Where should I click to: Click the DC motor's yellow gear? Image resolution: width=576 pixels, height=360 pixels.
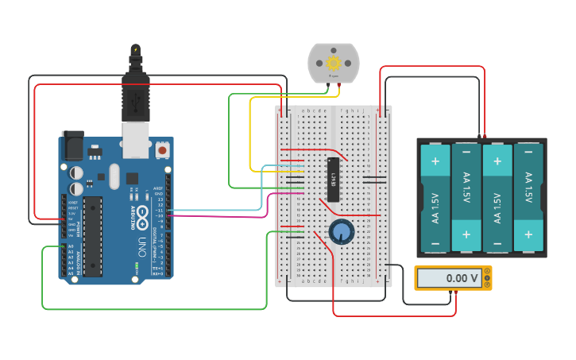(x=334, y=63)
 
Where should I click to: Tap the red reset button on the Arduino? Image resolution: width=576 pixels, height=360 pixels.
(x=162, y=149)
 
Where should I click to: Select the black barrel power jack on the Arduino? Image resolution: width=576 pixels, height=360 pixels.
(x=73, y=145)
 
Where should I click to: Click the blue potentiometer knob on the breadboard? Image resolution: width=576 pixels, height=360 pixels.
(x=342, y=232)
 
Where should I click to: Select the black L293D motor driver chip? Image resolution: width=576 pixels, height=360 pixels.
(x=334, y=179)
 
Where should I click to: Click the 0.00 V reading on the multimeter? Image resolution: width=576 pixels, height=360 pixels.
(x=449, y=278)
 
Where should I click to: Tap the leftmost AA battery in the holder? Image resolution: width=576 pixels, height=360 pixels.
(x=435, y=198)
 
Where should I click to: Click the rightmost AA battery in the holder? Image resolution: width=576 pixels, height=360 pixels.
(x=528, y=198)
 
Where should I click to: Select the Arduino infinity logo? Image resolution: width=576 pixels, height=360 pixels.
(x=142, y=214)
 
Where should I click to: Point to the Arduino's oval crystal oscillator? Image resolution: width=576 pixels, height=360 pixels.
(x=114, y=176)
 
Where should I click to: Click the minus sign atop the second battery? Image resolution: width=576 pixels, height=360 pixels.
(x=466, y=152)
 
